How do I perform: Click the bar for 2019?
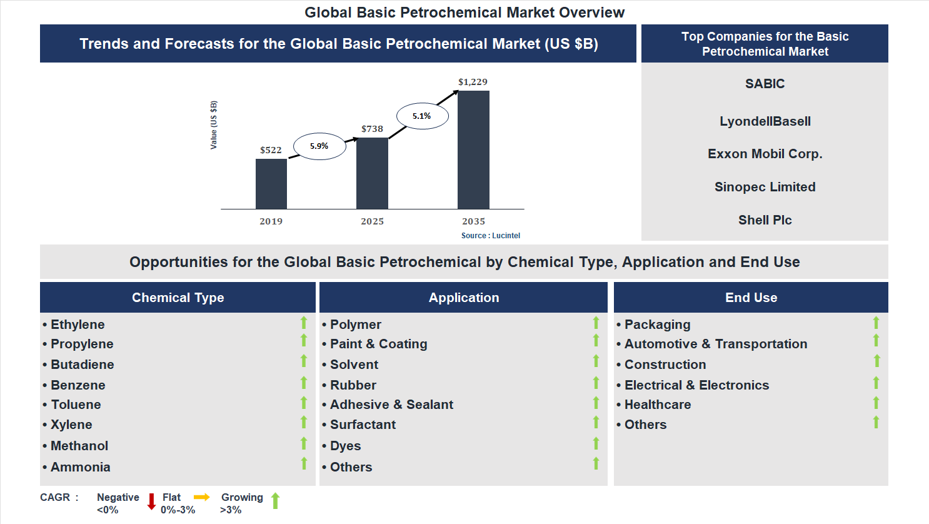point(271,184)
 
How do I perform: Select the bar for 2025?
point(372,173)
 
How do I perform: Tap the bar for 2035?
point(473,150)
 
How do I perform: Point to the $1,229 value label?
point(473,82)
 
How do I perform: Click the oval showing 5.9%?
point(319,146)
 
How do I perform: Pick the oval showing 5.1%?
point(422,116)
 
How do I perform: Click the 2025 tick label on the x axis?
point(372,221)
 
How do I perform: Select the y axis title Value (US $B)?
point(214,125)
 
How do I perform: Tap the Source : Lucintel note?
point(490,236)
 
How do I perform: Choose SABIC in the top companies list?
point(765,84)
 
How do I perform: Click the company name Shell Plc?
point(765,220)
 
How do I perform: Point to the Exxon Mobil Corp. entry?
point(765,154)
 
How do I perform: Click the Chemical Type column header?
point(178,298)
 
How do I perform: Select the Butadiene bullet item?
point(83,365)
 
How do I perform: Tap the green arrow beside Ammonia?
point(304,463)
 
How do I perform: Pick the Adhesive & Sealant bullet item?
point(391,405)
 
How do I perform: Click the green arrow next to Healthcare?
point(876,403)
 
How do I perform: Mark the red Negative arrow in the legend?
point(151,501)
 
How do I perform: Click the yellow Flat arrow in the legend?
point(202,497)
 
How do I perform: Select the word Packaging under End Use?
point(657,325)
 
